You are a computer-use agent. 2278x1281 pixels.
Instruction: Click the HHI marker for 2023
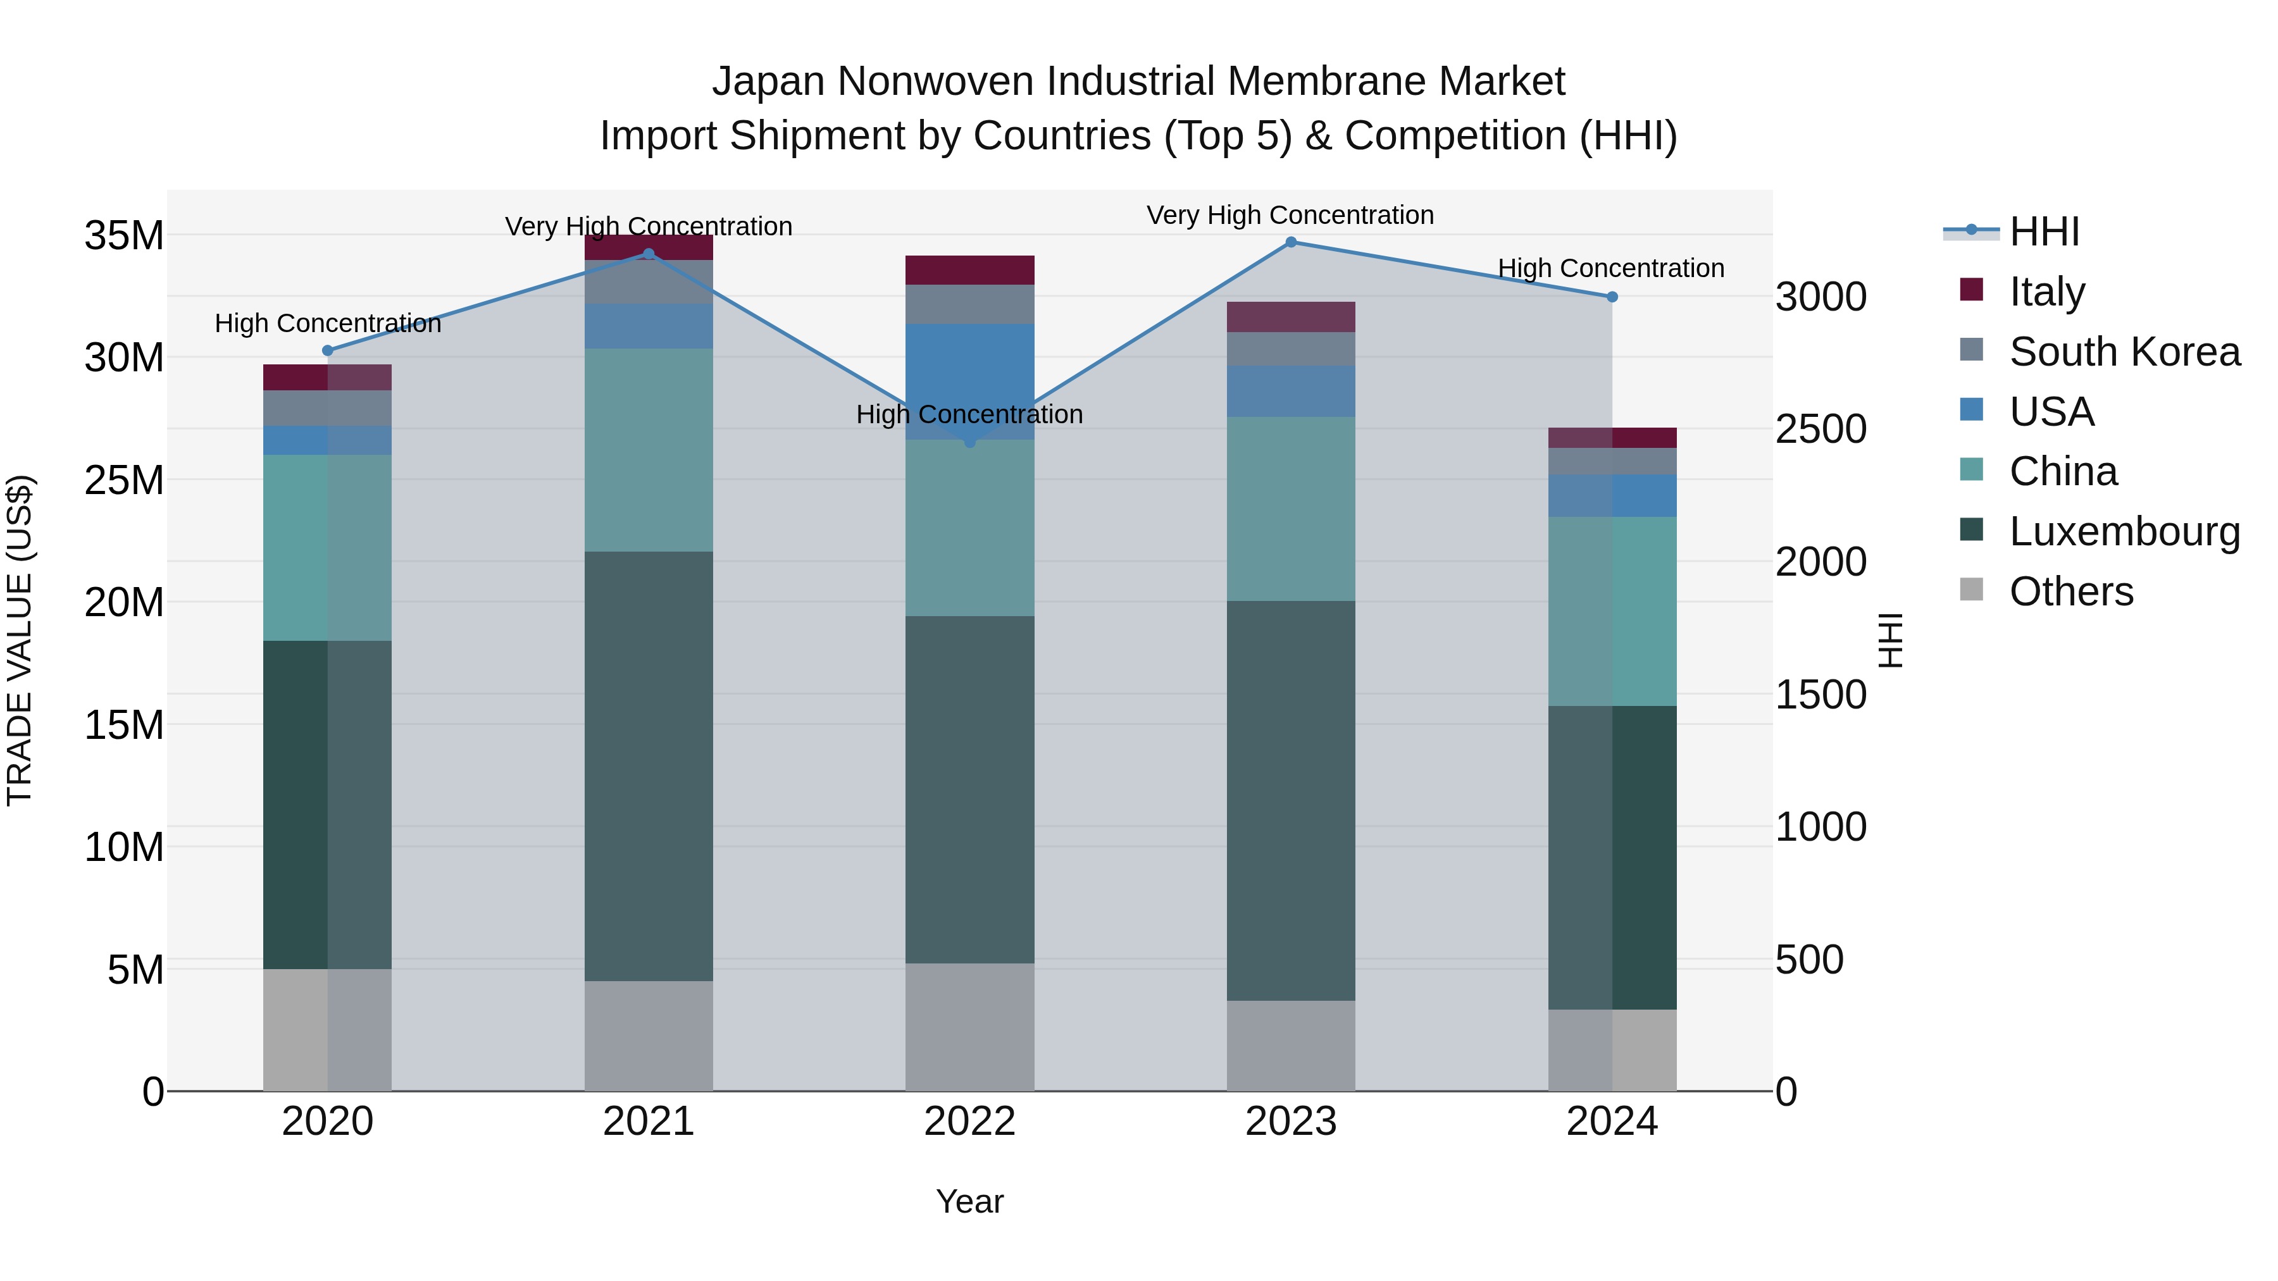(1290, 242)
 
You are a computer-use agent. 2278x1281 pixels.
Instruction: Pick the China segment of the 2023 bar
(1290, 509)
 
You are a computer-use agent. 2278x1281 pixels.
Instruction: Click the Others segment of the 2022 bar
(969, 1027)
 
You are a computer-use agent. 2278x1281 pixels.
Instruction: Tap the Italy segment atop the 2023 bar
(1290, 316)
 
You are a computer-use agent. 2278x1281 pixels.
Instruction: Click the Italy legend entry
(2045, 292)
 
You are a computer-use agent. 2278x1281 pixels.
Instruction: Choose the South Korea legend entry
(2123, 352)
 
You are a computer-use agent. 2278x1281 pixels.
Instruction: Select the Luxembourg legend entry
(2123, 531)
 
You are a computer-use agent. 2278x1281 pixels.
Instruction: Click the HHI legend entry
(2043, 232)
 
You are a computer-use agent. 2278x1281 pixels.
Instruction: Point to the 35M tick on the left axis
(124, 236)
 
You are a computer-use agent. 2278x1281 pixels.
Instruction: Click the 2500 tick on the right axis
(1821, 430)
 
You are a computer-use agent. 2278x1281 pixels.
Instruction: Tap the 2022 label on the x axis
(969, 1122)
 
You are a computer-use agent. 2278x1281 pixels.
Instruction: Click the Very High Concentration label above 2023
(1290, 215)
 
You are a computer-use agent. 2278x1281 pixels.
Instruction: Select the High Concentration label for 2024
(1610, 268)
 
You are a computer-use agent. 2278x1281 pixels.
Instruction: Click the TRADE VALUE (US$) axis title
(20, 640)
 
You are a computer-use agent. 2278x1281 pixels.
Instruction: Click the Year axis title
(969, 1201)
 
